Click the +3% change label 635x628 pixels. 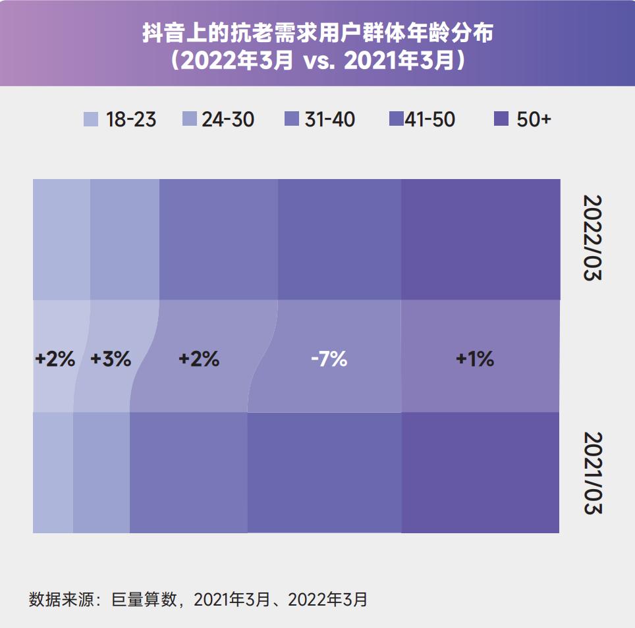pos(111,359)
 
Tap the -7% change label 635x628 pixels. pos(329,359)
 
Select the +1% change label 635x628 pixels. pos(474,359)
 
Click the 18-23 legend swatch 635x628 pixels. pos(90,119)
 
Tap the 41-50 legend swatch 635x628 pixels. pos(396,119)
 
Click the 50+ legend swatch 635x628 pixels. pos(501,119)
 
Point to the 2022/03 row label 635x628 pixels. pos(593,238)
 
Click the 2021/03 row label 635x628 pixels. pos(593,473)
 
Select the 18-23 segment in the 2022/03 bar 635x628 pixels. pos(61,239)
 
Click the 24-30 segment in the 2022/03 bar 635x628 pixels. pos(124,239)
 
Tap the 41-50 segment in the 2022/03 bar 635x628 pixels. pos(339,239)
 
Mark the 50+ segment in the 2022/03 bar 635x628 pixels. pos(481,239)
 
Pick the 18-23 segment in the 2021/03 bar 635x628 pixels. pos(53,473)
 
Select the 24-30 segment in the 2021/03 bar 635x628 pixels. pos(101,473)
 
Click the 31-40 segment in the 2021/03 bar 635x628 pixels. pos(188,473)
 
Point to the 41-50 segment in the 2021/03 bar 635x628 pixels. pos(324,473)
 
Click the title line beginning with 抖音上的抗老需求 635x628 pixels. pos(317,34)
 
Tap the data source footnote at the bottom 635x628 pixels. pos(198,599)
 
